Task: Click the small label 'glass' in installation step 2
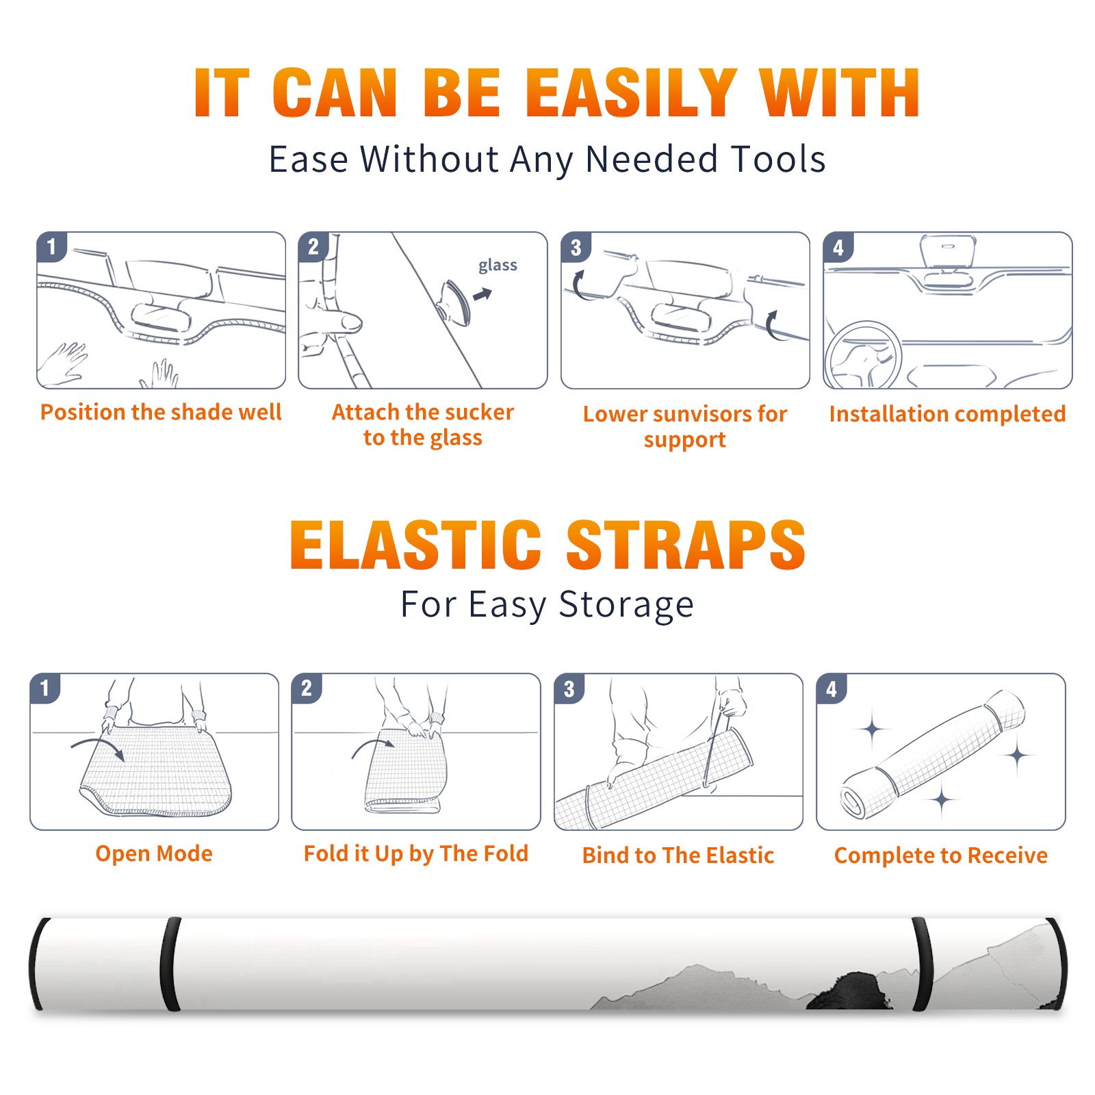coord(498,266)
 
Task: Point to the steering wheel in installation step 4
coord(864,356)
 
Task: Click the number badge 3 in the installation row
coord(576,247)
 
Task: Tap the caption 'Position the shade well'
coord(161,412)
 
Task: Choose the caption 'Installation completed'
coord(947,414)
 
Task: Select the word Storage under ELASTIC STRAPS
coord(626,605)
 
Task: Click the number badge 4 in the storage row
coord(832,688)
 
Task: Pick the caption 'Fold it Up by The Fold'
coord(416,853)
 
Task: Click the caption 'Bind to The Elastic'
coord(678,855)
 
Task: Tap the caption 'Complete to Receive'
coord(941,855)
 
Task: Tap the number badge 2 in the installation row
coord(313,247)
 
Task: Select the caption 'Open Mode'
coord(154,853)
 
